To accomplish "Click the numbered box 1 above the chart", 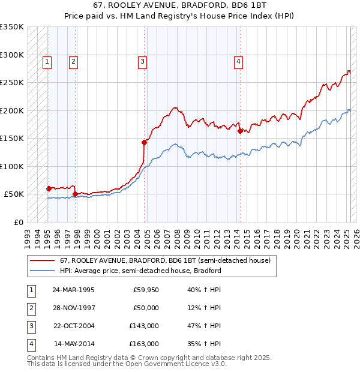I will (x=47, y=61).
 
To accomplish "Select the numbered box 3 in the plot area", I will (x=142, y=61).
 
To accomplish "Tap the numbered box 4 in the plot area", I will (x=238, y=61).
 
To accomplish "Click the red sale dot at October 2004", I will (x=145, y=142).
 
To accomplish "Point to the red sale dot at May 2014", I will (x=240, y=131).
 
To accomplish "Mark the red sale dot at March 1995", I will (x=49, y=188).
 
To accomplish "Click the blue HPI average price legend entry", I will (x=140, y=271).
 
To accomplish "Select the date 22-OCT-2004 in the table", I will (x=73, y=326).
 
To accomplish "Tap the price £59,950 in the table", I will (x=146, y=290).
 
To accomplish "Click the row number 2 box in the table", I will (x=31, y=308).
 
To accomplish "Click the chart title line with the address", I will (x=180, y=5).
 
